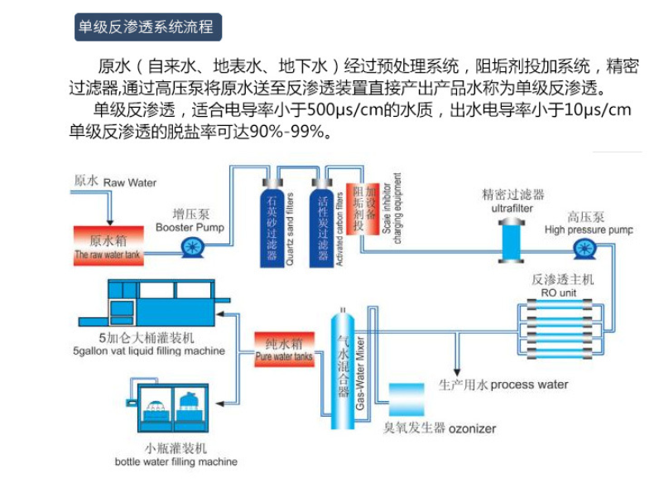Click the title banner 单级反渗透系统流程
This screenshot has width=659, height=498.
tap(146, 27)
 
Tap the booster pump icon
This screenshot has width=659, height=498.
tap(195, 245)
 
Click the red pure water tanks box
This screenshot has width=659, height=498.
tap(284, 350)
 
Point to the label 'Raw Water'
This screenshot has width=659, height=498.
tap(130, 181)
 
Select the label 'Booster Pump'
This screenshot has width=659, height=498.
tap(190, 226)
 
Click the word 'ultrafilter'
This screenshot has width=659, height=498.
tap(513, 210)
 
